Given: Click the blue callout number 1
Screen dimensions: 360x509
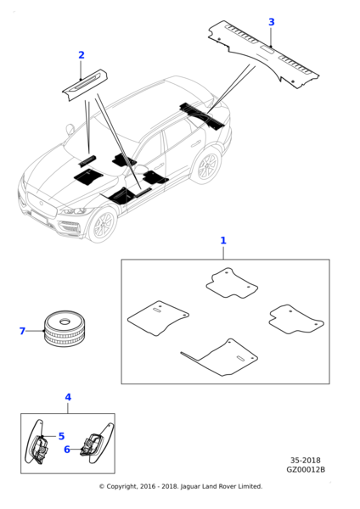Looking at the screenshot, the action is point(223,241).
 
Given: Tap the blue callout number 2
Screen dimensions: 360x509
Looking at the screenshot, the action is point(82,55).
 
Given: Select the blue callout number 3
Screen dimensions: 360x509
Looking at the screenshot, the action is point(272,22).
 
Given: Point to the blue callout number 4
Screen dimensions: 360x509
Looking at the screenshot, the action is point(68,397).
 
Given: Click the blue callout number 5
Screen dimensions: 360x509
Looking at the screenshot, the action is point(61,436).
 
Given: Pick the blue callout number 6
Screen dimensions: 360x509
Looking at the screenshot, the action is point(67,450).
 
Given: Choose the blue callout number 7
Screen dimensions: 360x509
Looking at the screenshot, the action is point(22,331).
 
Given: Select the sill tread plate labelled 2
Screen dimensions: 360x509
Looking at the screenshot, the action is point(85,85).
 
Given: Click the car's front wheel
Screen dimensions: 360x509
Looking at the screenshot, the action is point(102,225).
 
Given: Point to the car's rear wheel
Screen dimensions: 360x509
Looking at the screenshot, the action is point(206,166).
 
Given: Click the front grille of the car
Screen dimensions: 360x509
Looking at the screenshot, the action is point(42,206).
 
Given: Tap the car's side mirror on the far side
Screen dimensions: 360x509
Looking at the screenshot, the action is point(70,129).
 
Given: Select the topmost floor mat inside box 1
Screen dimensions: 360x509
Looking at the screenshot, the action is point(232,282).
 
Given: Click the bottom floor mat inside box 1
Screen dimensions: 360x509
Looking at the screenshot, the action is point(220,358).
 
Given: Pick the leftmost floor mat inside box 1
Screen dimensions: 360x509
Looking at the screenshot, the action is point(158,318).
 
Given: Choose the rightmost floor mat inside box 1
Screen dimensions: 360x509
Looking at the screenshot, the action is point(296,320).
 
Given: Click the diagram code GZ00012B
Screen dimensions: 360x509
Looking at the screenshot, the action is point(306,469).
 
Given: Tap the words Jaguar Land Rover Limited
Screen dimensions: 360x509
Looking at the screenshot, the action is point(221,486).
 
